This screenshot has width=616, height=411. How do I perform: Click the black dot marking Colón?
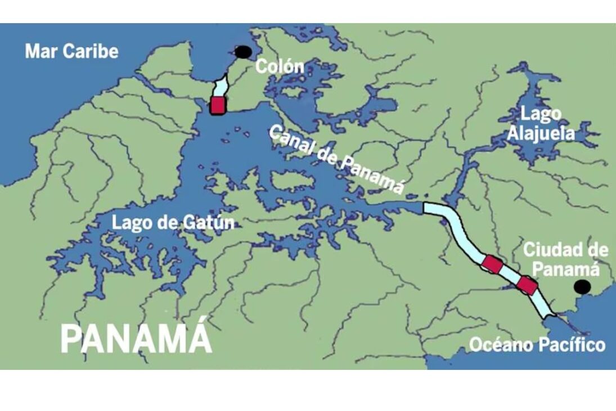coord(243,52)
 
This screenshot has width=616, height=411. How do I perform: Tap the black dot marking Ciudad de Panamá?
coord(582,287)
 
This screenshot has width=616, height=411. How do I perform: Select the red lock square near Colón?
coord(218,105)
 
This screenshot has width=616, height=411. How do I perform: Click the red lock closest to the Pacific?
coord(527,285)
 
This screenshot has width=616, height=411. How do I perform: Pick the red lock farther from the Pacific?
coord(492,263)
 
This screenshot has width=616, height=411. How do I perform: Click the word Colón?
coord(280,66)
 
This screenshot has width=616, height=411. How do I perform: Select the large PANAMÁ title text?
coord(136,338)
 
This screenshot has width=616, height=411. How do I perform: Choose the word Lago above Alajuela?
coord(541,114)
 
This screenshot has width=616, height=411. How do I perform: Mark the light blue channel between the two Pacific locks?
coord(510,275)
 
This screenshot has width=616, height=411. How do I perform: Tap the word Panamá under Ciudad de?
coord(565,269)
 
